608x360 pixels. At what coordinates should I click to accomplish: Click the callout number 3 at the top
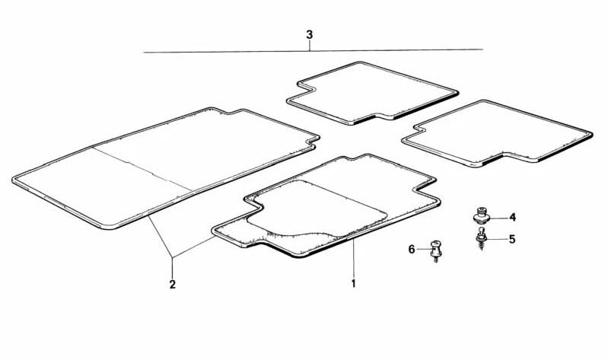point(309,34)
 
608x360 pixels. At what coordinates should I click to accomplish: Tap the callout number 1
point(353,284)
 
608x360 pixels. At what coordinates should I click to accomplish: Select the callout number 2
point(173,285)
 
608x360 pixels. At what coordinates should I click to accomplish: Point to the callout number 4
point(513,217)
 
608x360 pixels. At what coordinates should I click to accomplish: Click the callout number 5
point(512,239)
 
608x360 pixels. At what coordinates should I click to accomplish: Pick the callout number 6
point(412,249)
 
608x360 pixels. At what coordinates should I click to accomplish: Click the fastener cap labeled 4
point(482,215)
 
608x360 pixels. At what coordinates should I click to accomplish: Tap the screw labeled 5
point(481,238)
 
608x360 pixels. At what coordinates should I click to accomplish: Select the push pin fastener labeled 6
point(436,251)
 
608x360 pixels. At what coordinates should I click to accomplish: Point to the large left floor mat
point(166,167)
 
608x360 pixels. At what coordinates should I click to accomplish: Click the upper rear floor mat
point(372,93)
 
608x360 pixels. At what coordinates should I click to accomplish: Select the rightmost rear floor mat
point(497,133)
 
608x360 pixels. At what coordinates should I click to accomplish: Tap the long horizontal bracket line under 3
point(314,51)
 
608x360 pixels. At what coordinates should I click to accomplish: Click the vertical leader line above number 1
point(353,259)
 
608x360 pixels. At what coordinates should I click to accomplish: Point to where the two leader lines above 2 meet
point(173,257)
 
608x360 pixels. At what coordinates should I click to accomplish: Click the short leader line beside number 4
point(499,218)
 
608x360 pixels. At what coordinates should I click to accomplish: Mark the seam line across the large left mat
point(143,169)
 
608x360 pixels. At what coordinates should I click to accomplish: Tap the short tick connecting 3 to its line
point(310,46)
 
